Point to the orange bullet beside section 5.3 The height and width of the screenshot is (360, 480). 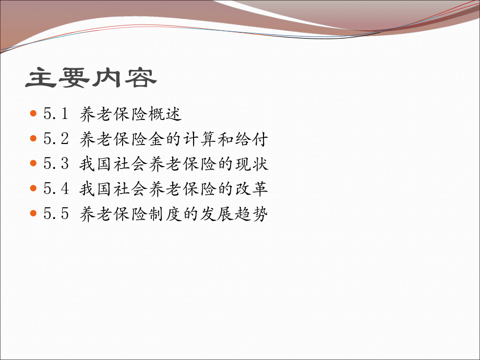click(x=34, y=163)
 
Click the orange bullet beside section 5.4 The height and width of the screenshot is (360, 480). click(x=34, y=188)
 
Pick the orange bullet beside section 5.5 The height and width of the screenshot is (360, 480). click(x=34, y=213)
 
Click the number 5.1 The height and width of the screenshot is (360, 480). click(x=56, y=114)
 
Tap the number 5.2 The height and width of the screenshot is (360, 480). click(x=56, y=139)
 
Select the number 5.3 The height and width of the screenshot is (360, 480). click(x=56, y=164)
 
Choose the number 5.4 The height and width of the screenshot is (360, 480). click(x=56, y=189)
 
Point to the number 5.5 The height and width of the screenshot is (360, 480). click(x=56, y=214)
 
